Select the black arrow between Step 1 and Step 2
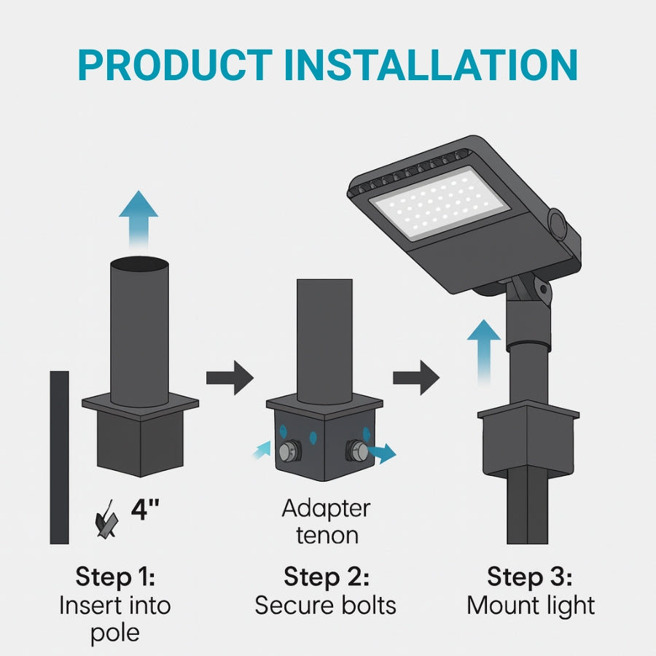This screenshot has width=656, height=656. click(x=230, y=378)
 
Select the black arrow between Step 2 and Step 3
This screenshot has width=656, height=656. click(x=416, y=378)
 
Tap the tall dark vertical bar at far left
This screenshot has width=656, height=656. click(x=59, y=457)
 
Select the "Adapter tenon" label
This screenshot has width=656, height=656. click(x=327, y=522)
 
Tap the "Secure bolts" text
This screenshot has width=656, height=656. click(x=326, y=605)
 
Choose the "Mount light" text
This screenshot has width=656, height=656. click(x=531, y=605)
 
